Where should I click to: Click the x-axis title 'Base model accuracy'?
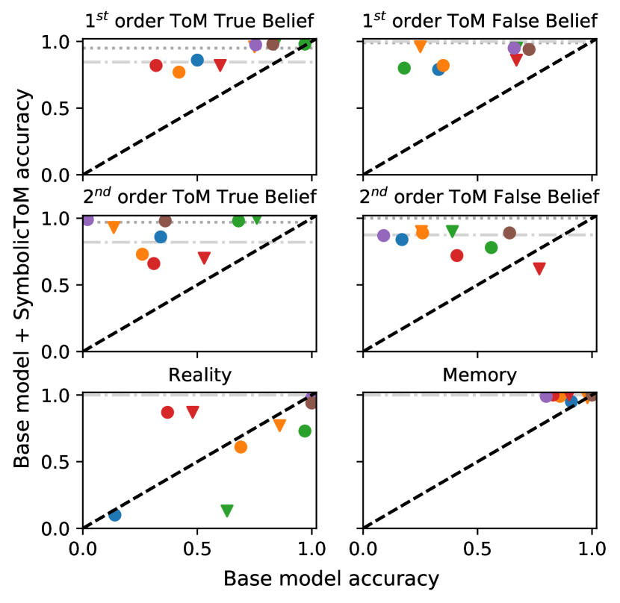click(330, 579)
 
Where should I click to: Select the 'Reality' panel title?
click(199, 375)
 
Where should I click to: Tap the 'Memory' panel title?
click(478, 375)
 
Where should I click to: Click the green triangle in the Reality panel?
click(227, 510)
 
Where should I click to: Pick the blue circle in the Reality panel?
click(114, 515)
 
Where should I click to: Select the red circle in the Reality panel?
click(167, 412)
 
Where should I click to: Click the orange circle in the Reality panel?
click(241, 447)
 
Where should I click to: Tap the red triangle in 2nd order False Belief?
click(539, 269)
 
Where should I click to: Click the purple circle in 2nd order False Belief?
click(384, 236)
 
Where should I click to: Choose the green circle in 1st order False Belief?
click(405, 68)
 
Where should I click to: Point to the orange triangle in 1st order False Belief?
click(421, 46)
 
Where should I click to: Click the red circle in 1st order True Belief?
click(156, 66)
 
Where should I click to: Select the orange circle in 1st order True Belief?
click(179, 72)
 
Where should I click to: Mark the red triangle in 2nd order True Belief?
click(204, 258)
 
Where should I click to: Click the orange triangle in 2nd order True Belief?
click(114, 228)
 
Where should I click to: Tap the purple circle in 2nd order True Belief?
click(87, 219)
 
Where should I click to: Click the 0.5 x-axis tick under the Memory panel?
click(478, 546)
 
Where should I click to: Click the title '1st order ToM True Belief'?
click(199, 20)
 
